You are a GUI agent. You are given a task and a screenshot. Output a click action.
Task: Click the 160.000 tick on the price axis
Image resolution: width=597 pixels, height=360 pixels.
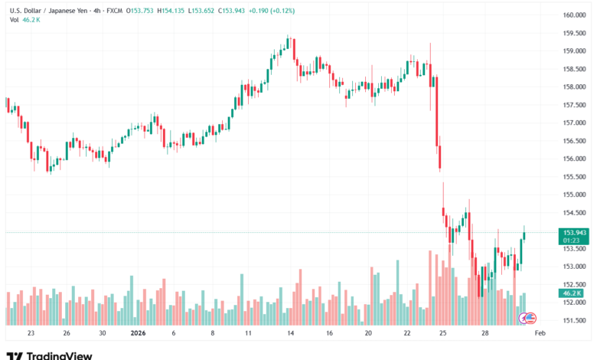point(575,15)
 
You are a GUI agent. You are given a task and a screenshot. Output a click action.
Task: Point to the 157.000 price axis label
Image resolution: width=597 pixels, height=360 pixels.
point(575,123)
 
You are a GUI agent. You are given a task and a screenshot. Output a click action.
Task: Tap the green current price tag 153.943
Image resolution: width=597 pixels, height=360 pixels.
point(575,232)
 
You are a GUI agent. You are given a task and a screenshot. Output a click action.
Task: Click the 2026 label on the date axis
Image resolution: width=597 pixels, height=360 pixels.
point(139,334)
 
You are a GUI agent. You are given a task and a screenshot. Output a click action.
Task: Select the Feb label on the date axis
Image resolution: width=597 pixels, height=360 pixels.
point(540,334)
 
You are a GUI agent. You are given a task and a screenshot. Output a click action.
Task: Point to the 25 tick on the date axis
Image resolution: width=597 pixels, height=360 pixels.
point(443,334)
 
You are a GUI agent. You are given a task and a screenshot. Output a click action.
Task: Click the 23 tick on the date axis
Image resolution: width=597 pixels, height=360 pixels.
point(31,334)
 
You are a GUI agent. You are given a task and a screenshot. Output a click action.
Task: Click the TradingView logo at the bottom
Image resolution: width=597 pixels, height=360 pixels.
point(50,355)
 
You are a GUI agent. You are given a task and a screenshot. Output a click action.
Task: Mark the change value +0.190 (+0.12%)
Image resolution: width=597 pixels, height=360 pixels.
point(276,9)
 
